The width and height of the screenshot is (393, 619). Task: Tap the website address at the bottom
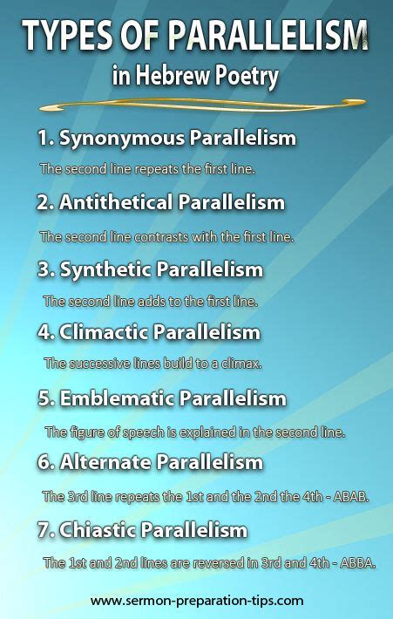click(x=197, y=601)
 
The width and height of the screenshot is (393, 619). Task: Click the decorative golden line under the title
click(x=196, y=106)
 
